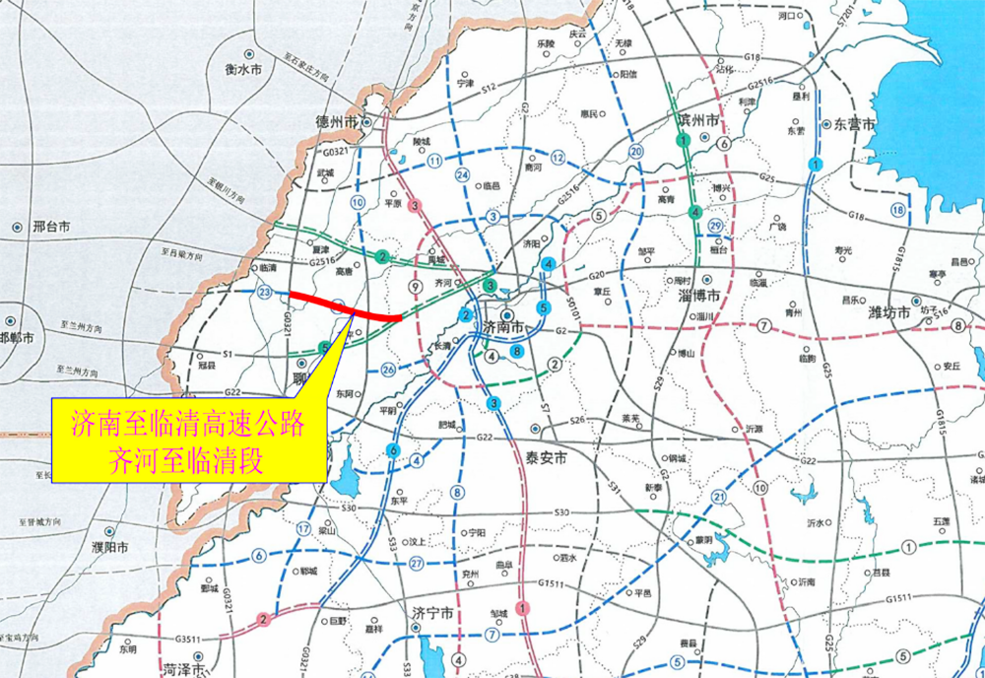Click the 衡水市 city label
point(243,70)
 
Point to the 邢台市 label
point(51,226)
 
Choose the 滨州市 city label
point(699,119)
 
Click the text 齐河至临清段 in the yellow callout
point(188,459)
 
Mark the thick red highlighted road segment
point(345,308)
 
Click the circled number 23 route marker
point(264,293)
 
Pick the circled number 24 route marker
point(461,174)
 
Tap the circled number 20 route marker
point(636,151)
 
